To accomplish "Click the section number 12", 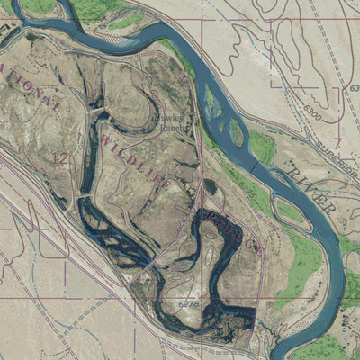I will pos(60,159).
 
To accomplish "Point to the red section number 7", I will pos(337,143).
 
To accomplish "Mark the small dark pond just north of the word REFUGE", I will pos(210,186).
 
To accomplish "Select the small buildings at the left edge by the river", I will pos(7,28).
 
